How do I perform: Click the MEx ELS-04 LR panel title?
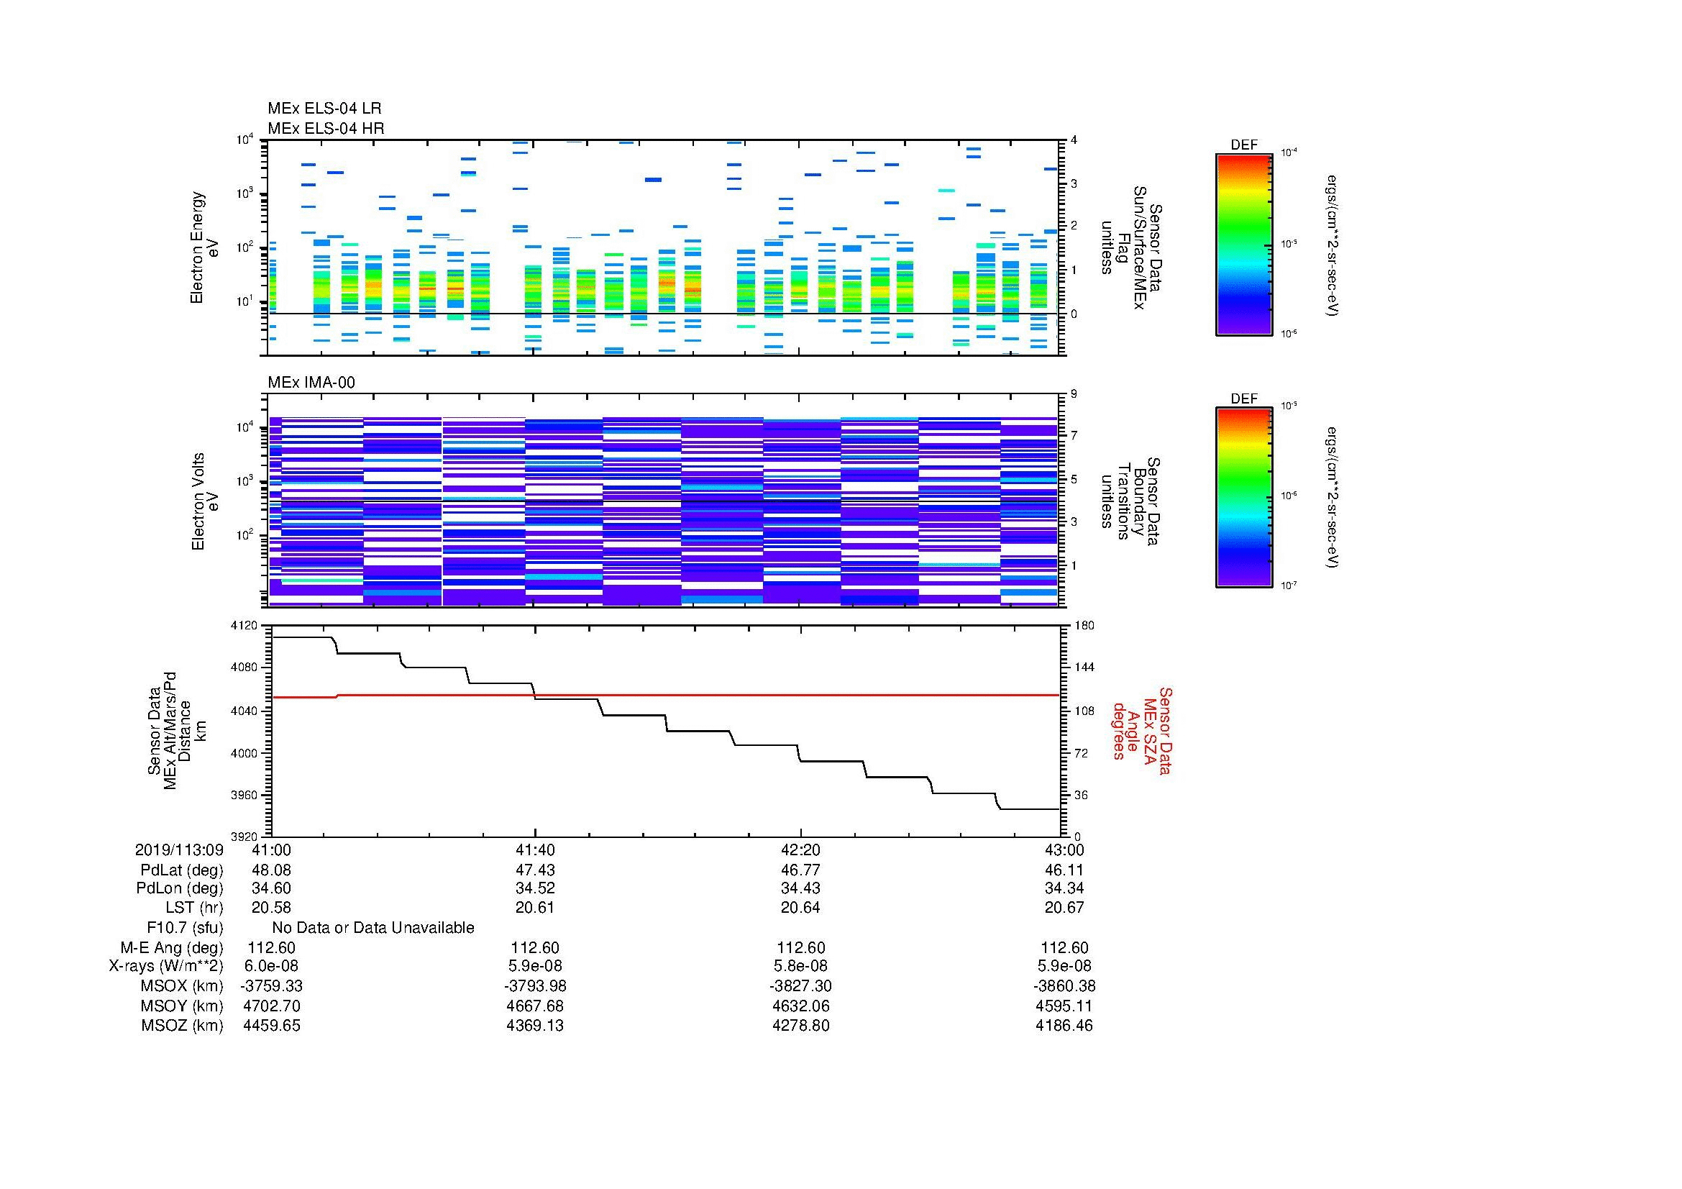(324, 109)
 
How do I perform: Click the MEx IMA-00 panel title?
(311, 383)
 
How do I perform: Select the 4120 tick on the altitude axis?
(244, 626)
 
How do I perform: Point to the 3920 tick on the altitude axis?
(244, 836)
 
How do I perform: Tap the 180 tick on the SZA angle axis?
(1084, 626)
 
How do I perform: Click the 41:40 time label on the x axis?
(536, 849)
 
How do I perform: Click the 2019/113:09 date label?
(179, 849)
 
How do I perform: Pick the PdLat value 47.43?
(536, 870)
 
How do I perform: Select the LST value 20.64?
(800, 908)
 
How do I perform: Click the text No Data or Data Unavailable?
(373, 927)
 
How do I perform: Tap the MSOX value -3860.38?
(1065, 986)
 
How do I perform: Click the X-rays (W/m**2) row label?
(165, 966)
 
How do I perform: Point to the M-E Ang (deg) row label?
(171, 947)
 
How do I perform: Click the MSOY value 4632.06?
(800, 1006)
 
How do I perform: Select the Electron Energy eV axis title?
(205, 247)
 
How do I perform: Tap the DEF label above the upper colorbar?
(1243, 145)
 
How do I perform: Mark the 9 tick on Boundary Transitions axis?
(1074, 394)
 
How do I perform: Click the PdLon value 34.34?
(1065, 888)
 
